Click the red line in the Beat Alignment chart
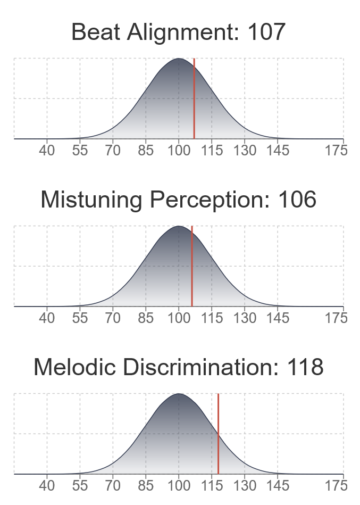coord(194,98)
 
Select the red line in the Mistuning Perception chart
coord(192,266)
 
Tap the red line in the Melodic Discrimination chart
coord(218,434)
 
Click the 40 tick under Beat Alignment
coord(47,151)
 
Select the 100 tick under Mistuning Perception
coord(179,318)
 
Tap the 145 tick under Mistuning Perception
coord(278,318)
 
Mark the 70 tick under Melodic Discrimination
coord(113,486)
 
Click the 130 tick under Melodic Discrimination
coord(245,486)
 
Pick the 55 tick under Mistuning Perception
coord(80,318)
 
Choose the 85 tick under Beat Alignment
coord(146,151)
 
